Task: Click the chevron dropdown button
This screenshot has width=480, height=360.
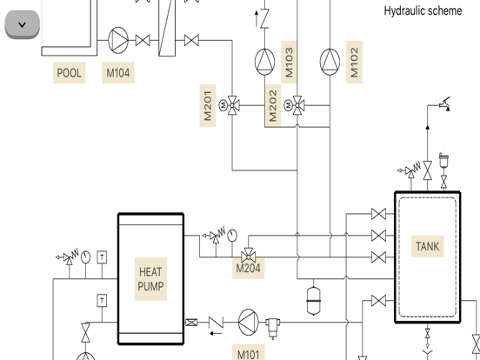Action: tap(23, 24)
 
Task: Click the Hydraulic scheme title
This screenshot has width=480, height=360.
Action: tap(423, 10)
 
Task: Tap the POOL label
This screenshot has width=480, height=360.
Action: tap(70, 73)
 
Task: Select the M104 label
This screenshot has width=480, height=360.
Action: tap(118, 73)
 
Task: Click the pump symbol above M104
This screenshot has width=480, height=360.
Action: tap(118, 40)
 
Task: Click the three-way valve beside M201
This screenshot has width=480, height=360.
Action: tap(232, 105)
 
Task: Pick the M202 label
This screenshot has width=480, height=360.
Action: tap(273, 105)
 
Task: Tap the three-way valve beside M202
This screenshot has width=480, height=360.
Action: tap(297, 105)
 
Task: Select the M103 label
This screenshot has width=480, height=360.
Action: tap(290, 61)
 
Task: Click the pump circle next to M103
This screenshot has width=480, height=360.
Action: tap(264, 60)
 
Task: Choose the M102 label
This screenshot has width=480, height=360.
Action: tap(354, 61)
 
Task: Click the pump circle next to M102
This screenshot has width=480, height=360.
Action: tap(330, 60)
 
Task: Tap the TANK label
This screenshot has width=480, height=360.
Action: tap(427, 246)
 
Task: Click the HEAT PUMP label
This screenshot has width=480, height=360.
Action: tap(150, 279)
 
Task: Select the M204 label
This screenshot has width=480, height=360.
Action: tap(248, 269)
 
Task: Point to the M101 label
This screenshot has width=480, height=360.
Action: tap(248, 354)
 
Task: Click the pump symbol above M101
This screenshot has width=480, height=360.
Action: tap(249, 323)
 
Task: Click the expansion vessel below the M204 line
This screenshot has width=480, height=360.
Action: tap(314, 299)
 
